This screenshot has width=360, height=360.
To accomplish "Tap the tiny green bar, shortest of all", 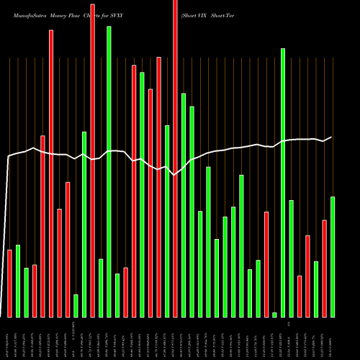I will click(x=274, y=315).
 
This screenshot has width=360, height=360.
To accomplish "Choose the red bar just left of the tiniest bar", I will click(x=266, y=264).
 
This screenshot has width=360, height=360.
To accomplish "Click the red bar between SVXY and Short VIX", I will click(x=175, y=158).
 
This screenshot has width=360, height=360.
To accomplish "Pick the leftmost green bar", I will click(x=18, y=281).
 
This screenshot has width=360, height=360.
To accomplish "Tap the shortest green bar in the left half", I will click(x=76, y=305).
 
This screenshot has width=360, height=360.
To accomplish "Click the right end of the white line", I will click(x=331, y=137).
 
